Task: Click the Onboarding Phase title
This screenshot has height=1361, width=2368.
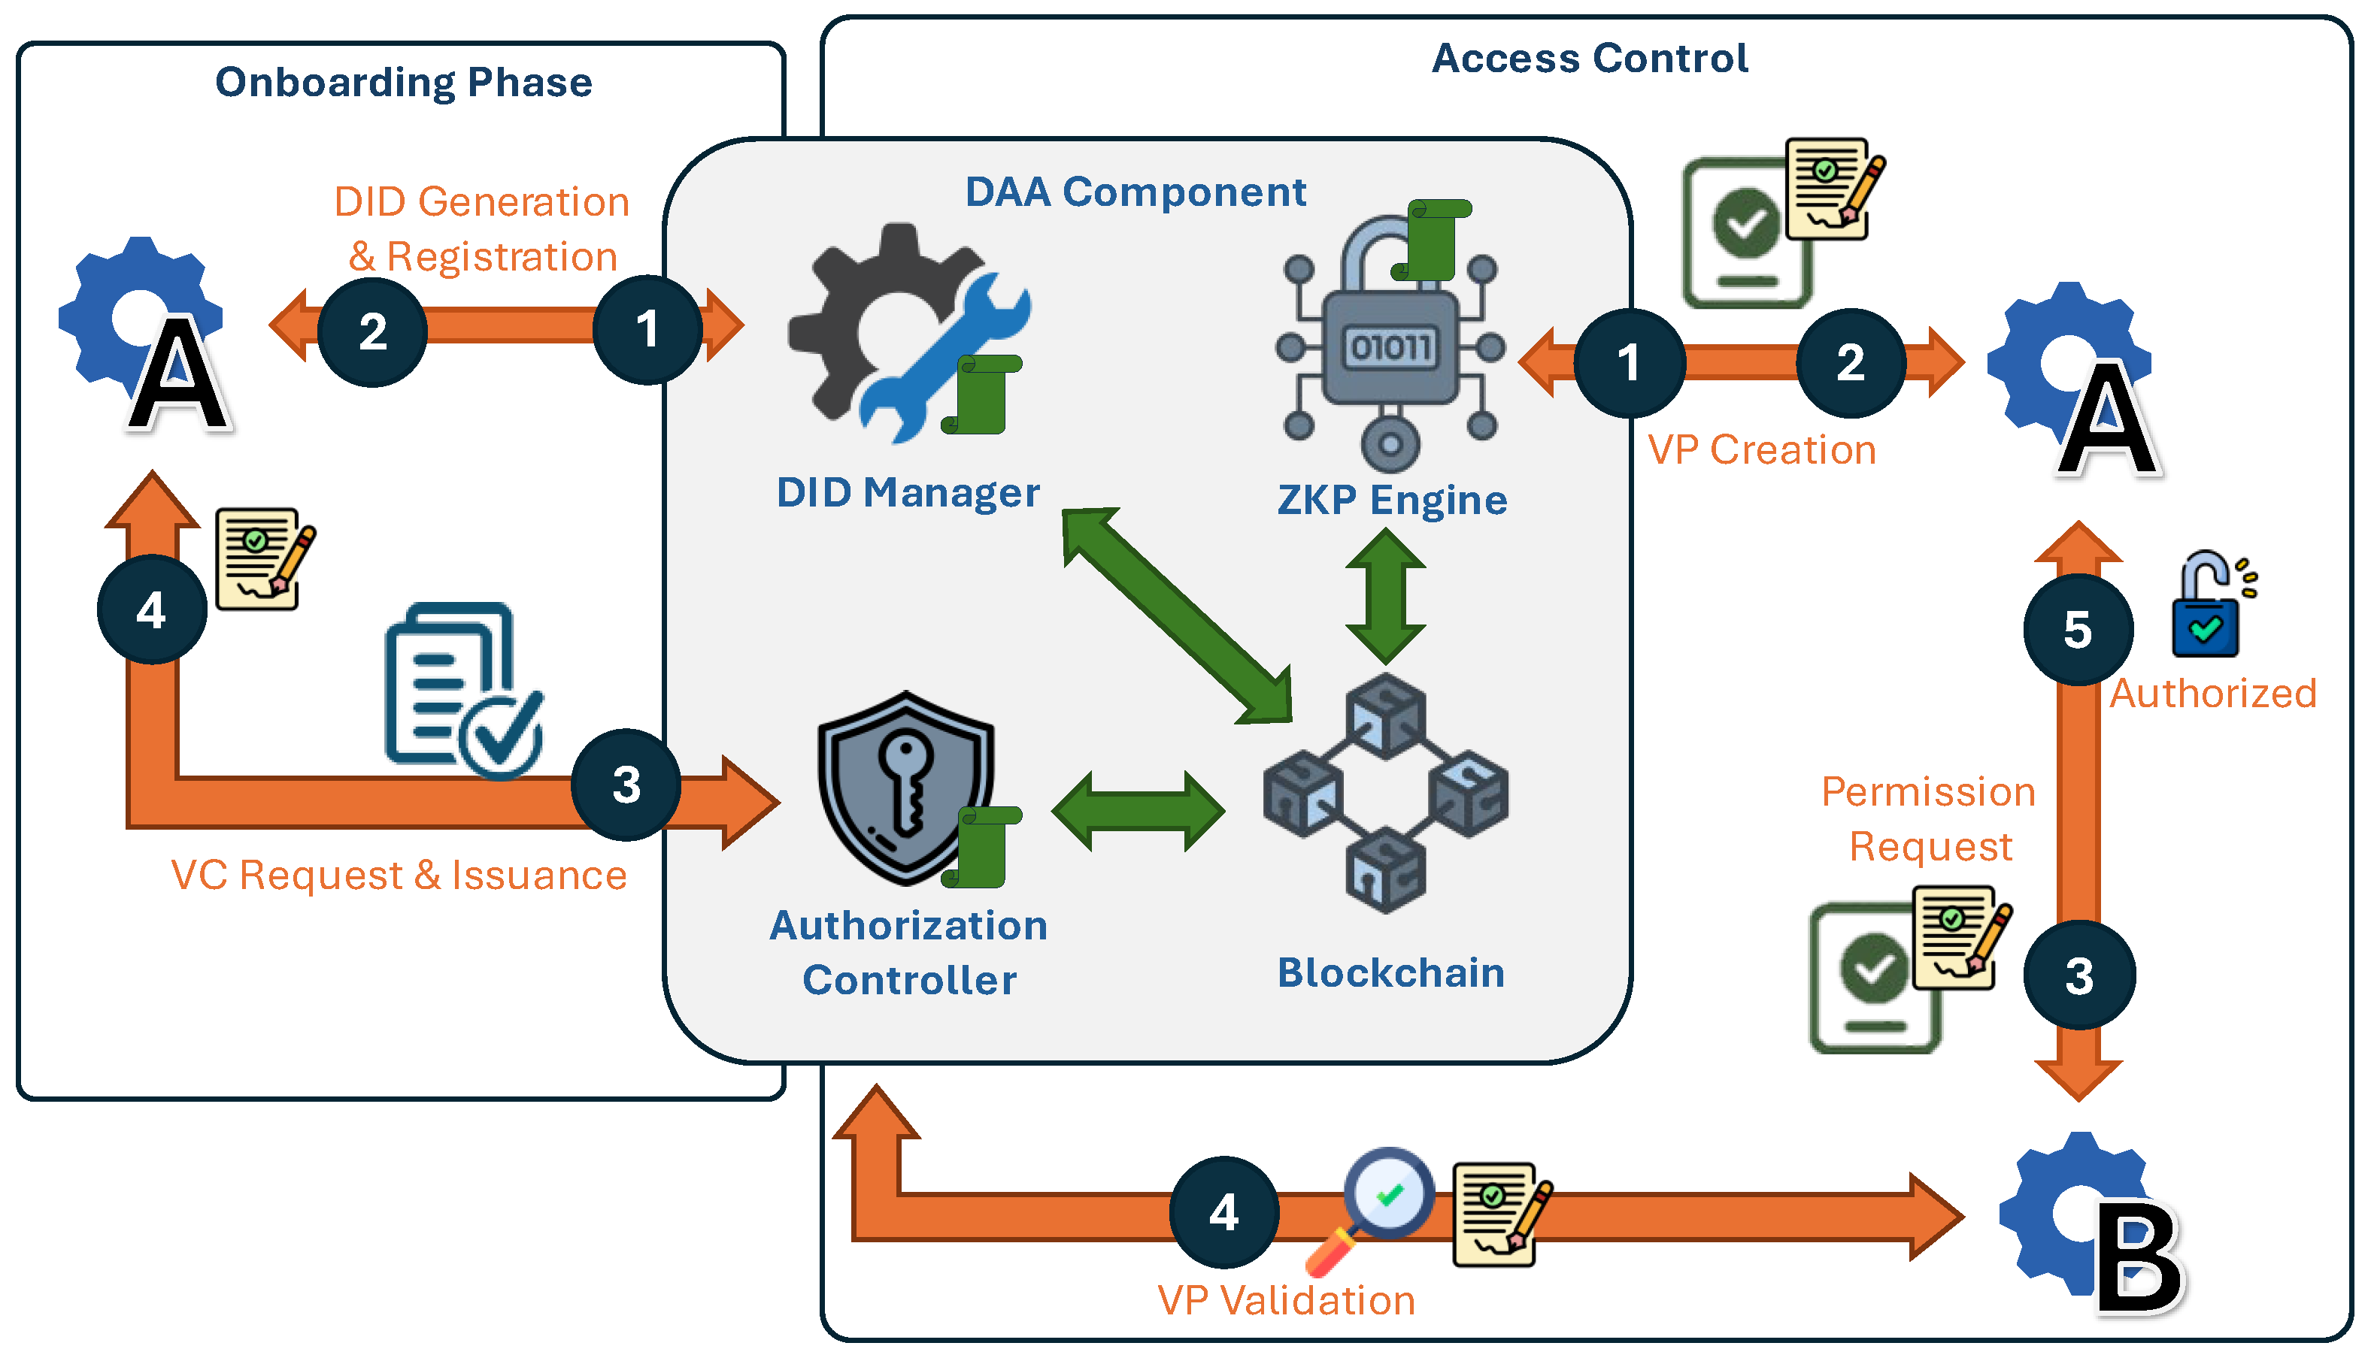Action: point(403,82)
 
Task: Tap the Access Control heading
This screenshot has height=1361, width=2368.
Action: point(1589,58)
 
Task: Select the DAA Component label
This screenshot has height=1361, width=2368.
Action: point(1135,192)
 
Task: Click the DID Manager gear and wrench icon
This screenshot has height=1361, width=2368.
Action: point(902,332)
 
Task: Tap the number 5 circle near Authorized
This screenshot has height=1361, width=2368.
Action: point(2077,630)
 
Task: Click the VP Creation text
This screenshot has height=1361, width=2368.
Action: point(1761,449)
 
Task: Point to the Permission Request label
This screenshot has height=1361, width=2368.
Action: point(1928,819)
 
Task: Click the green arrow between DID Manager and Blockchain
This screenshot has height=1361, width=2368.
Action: point(1177,615)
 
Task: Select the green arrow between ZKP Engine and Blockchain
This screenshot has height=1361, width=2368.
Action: point(1385,597)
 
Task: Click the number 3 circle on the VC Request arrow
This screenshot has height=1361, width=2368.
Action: point(626,785)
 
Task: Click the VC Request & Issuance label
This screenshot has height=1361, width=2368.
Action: point(399,876)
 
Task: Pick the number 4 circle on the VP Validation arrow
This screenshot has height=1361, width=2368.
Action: point(1223,1212)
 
